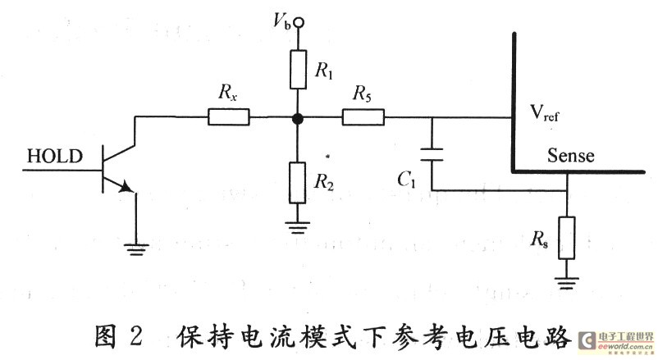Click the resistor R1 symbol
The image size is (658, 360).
[298, 69]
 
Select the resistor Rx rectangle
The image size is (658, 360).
[229, 118]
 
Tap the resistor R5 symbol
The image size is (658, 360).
[362, 118]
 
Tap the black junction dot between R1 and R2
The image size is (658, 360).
[298, 119]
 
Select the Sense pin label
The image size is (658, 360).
[571, 154]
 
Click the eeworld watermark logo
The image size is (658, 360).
[615, 342]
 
